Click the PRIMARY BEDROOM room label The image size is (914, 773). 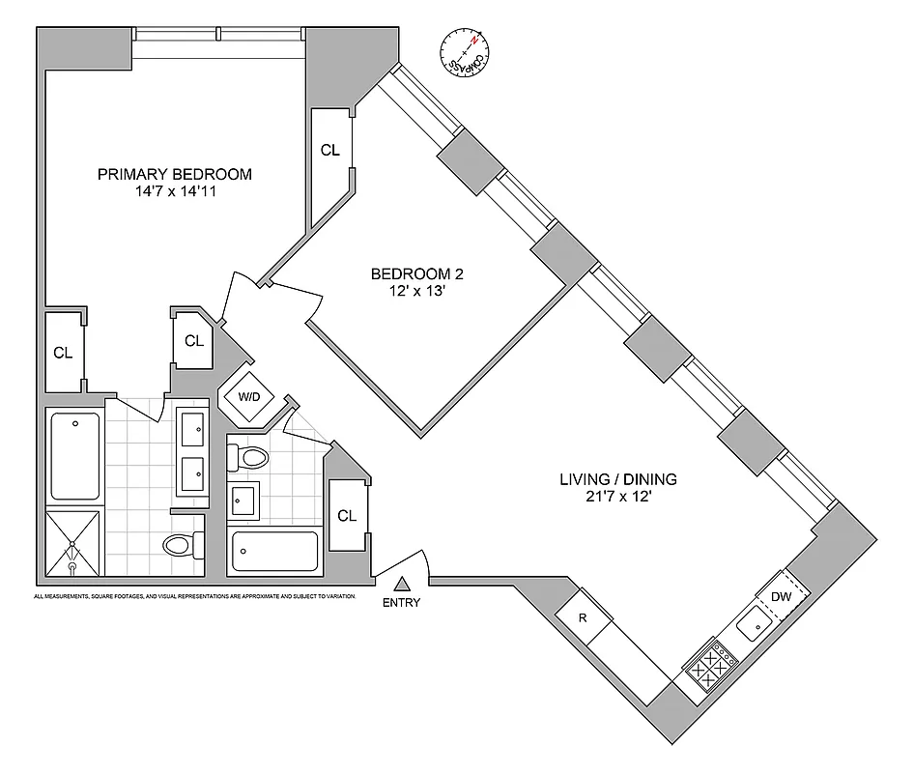point(175,174)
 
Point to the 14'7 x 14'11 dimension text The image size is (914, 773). point(175,191)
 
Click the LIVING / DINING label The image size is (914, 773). point(618,479)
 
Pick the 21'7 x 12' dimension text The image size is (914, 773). point(618,497)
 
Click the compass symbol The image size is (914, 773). point(464,53)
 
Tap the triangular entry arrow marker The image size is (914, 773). point(402,583)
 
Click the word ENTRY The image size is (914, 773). point(402,603)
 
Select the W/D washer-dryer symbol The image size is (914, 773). point(247,396)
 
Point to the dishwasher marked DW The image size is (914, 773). point(782,596)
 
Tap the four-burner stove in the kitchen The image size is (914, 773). point(711,665)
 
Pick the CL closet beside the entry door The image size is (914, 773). point(346,516)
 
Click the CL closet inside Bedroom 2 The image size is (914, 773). point(330,150)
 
